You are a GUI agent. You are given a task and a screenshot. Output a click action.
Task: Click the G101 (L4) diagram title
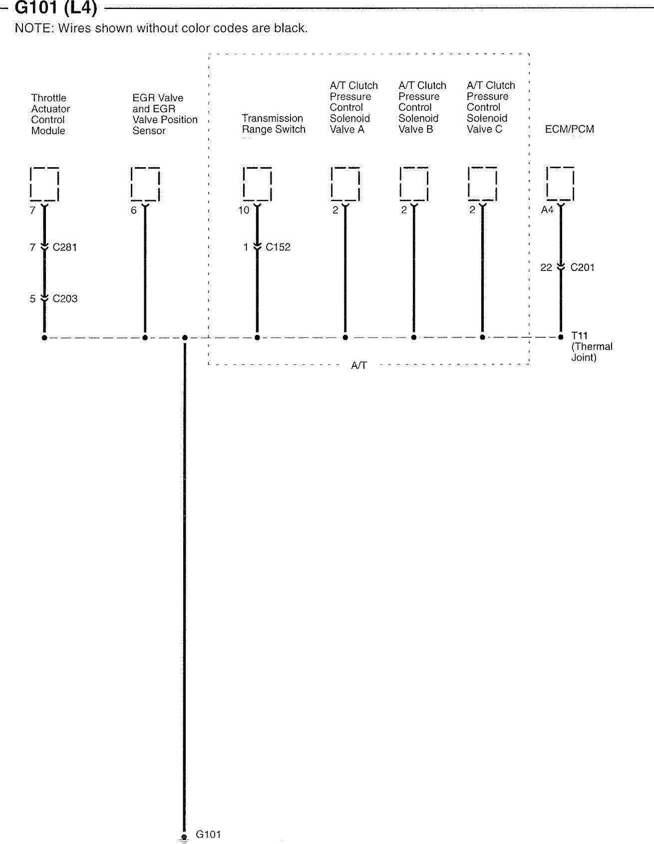[x=56, y=8]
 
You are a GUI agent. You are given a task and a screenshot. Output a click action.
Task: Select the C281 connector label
[x=65, y=247]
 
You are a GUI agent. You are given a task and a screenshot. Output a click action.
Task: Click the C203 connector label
[x=65, y=298]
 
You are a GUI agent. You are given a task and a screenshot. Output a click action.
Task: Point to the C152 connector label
[x=278, y=247]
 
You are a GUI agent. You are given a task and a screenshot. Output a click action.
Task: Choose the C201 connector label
[x=582, y=268]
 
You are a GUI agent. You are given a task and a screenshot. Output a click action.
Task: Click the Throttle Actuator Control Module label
[x=50, y=114]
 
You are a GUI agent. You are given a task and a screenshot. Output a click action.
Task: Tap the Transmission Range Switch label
[x=273, y=124]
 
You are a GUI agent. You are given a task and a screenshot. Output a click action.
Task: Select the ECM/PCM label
[x=569, y=129]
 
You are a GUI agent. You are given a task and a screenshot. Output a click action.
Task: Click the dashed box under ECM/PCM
[x=560, y=184]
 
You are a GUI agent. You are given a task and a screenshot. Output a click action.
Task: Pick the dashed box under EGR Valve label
[x=145, y=184]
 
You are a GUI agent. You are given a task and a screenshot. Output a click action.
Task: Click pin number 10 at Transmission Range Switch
[x=244, y=210]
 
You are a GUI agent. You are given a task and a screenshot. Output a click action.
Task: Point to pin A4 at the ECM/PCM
[x=547, y=210]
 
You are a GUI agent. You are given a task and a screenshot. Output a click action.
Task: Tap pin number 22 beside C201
[x=546, y=268]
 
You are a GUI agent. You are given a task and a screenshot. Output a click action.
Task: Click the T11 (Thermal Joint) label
[x=591, y=347]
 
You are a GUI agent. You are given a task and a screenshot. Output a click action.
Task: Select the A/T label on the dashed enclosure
[x=359, y=366]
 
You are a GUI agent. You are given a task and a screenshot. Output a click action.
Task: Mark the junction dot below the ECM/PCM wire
[x=561, y=337]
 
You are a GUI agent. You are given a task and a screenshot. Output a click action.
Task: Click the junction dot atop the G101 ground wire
[x=185, y=338]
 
